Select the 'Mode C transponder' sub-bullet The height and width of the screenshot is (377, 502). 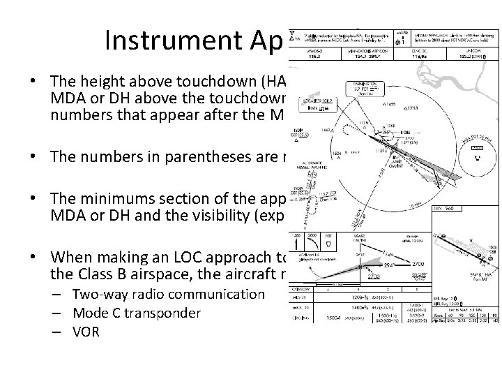[137, 313]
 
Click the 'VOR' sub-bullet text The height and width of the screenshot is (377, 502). [86, 332]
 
